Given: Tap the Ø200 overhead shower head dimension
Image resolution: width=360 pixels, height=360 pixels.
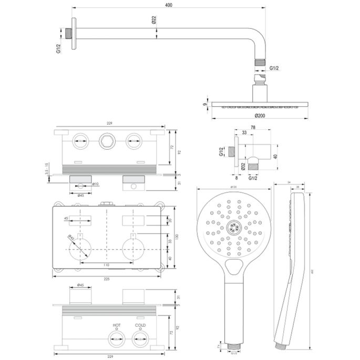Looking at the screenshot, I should pyautogui.click(x=260, y=115).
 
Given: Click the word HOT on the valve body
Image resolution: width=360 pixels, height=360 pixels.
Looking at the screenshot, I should pyautogui.click(x=116, y=326).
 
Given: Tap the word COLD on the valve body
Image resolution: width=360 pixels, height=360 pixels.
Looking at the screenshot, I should pyautogui.click(x=139, y=326).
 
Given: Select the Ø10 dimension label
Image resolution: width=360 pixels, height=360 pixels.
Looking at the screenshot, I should pyautogui.click(x=96, y=184).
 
